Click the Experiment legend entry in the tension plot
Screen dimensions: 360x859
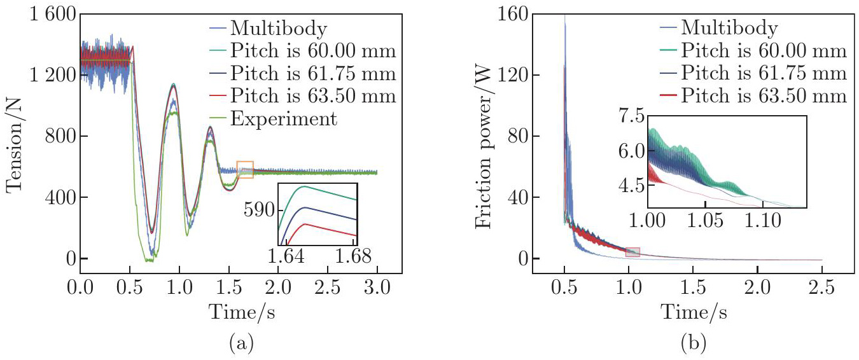283,118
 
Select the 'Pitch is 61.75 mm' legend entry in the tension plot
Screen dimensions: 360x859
313,73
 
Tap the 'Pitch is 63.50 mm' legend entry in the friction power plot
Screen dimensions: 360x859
764,96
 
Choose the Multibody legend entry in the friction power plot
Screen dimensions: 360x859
729,28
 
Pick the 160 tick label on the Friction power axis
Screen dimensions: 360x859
520,15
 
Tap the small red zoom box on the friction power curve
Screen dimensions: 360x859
632,253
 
